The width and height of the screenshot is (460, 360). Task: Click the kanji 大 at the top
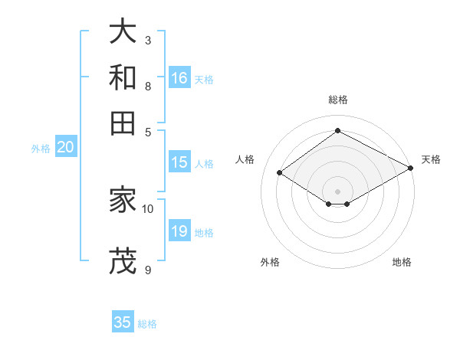(x=123, y=32)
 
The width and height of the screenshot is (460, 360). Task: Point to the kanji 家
(x=123, y=201)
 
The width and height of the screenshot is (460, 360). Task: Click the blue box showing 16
(x=179, y=77)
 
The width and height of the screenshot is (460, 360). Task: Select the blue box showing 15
(x=179, y=162)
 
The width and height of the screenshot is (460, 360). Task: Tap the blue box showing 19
(x=179, y=231)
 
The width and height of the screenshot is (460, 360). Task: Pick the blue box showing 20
(x=65, y=148)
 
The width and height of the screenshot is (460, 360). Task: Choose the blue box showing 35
(x=123, y=322)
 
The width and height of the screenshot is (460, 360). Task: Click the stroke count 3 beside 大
(x=148, y=40)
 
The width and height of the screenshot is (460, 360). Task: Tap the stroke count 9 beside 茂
(x=148, y=270)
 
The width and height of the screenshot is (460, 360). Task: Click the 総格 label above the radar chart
(x=337, y=100)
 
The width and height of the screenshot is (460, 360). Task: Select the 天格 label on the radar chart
(x=431, y=159)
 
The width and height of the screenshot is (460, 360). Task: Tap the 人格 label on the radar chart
(x=245, y=159)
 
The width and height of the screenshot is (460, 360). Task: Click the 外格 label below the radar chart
(x=270, y=262)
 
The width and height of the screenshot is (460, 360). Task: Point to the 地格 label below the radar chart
(x=402, y=262)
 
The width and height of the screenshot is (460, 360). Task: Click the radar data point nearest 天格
(x=411, y=169)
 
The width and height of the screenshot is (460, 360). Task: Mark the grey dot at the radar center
(x=337, y=191)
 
